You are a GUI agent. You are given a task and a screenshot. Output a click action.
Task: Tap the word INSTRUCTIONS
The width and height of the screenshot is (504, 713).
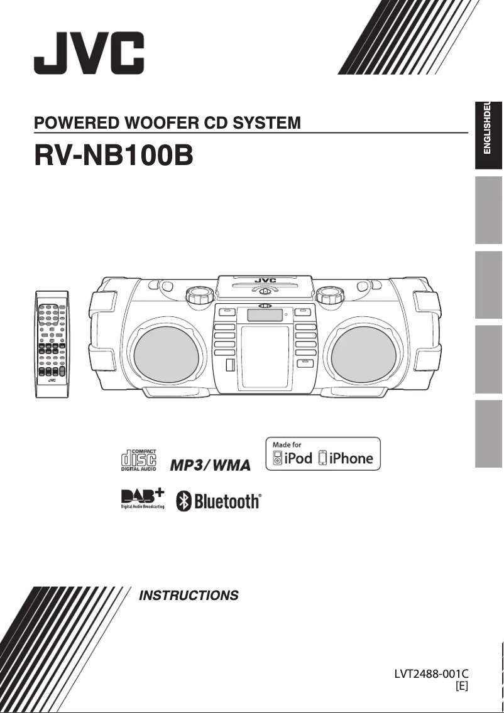(x=189, y=595)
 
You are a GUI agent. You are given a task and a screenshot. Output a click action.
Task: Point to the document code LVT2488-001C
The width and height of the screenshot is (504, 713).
(x=431, y=674)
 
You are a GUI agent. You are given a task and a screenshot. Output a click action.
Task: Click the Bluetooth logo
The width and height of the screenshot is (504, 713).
(x=218, y=501)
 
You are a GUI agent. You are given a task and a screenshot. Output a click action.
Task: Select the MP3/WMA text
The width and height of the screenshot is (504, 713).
(x=211, y=465)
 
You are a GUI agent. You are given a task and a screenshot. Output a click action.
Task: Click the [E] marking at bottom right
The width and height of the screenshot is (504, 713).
(x=461, y=686)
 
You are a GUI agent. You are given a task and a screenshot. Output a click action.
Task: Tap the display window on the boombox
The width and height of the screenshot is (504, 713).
(x=264, y=314)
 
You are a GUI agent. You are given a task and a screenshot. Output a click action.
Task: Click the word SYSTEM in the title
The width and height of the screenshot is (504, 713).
(x=267, y=122)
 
